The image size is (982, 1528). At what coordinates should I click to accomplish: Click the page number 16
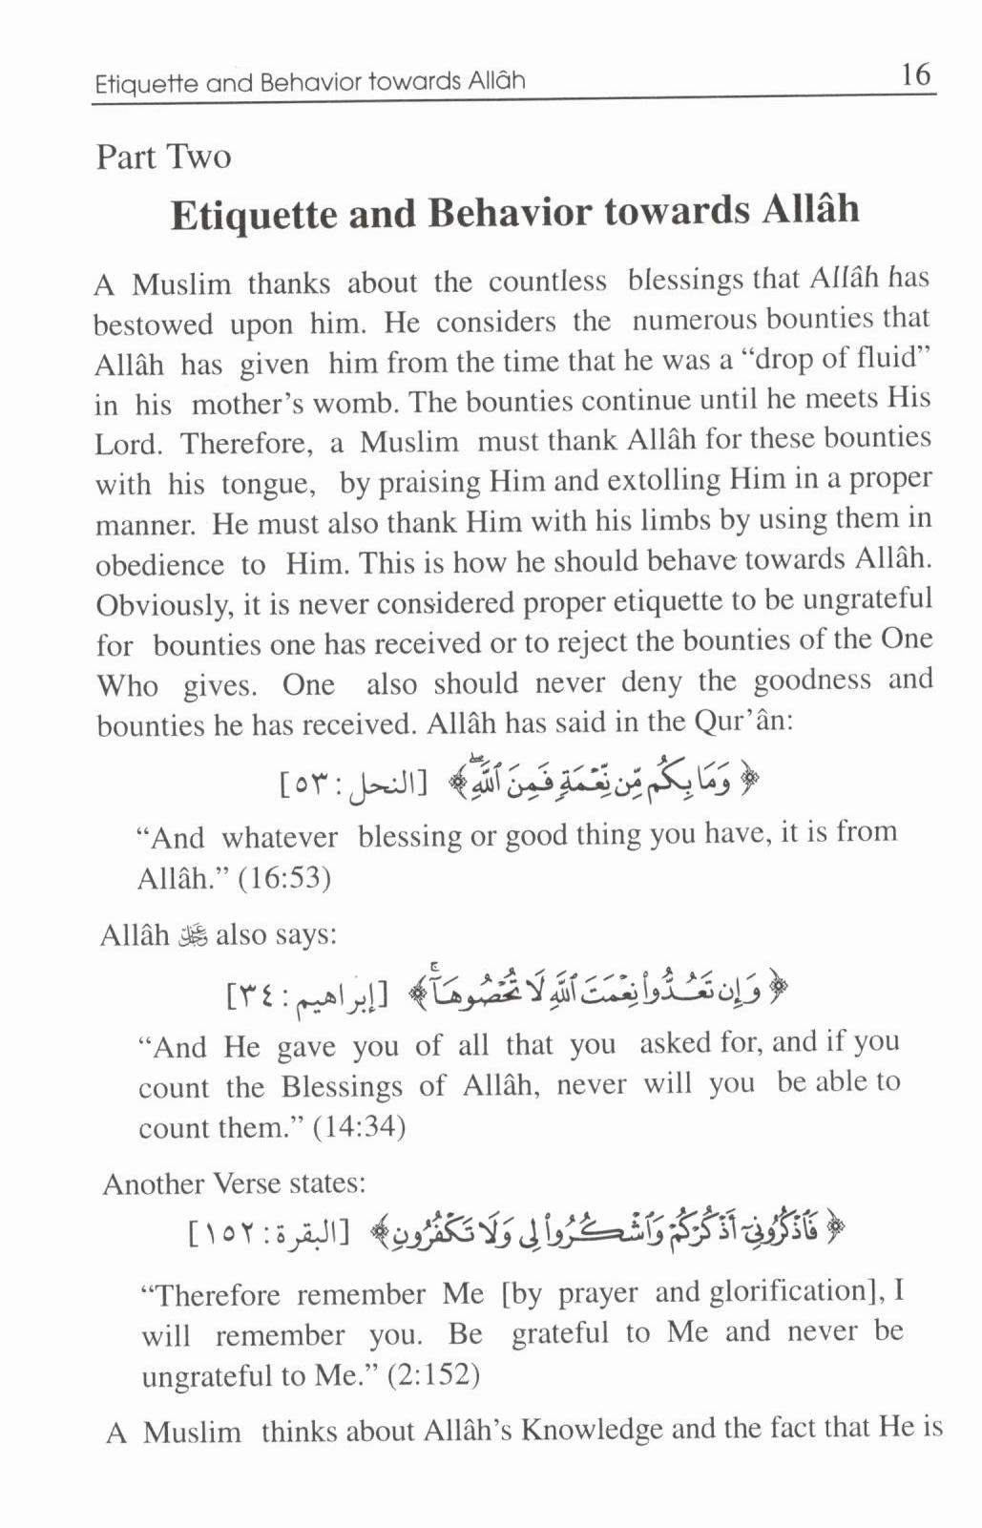pos(914,74)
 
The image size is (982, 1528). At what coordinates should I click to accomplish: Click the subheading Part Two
pos(163,157)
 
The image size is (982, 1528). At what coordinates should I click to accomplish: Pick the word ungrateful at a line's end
pos(867,600)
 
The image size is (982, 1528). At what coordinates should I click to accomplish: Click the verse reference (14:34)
pos(359,1127)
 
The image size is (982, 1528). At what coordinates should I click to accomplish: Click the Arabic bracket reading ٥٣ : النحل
pos(352,784)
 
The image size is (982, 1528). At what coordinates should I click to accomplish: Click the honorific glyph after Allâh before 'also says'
pos(193,935)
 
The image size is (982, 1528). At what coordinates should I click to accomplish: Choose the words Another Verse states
pos(235,1184)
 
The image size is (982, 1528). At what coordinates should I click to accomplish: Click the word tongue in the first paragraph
pos(267,484)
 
